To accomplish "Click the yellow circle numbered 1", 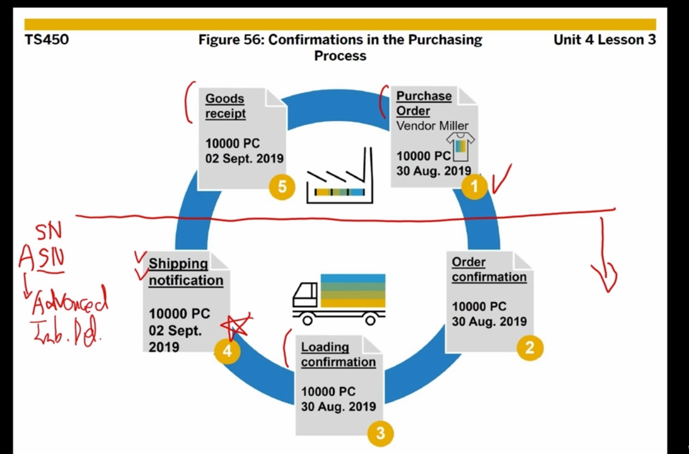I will [474, 186].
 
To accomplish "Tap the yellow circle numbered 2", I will [530, 347].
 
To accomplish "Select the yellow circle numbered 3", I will [380, 433].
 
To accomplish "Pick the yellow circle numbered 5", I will [282, 187].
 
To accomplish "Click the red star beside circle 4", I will [236, 324].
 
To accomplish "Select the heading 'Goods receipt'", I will [225, 106].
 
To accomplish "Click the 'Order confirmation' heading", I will [489, 269].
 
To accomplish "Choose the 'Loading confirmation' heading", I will [338, 354].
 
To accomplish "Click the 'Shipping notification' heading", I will [185, 272].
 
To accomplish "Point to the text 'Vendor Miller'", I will [432, 125].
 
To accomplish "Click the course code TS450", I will [47, 40].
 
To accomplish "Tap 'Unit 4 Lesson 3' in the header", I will [604, 40].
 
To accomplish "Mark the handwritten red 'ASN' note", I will [42, 257].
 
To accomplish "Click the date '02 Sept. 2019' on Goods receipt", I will [245, 158].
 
